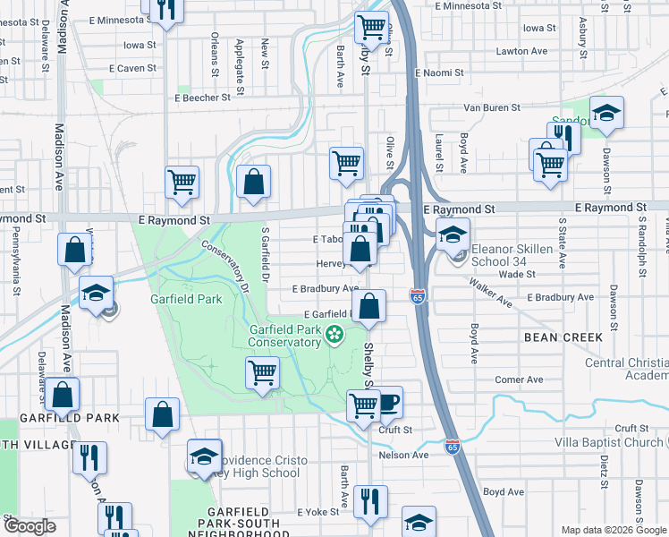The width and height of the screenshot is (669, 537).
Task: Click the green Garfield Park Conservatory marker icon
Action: click(x=335, y=336)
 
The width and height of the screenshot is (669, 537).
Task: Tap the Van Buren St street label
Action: click(x=491, y=107)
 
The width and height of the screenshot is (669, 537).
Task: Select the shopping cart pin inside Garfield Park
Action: click(x=262, y=371)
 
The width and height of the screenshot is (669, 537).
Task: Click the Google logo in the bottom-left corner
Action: click(x=29, y=527)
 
